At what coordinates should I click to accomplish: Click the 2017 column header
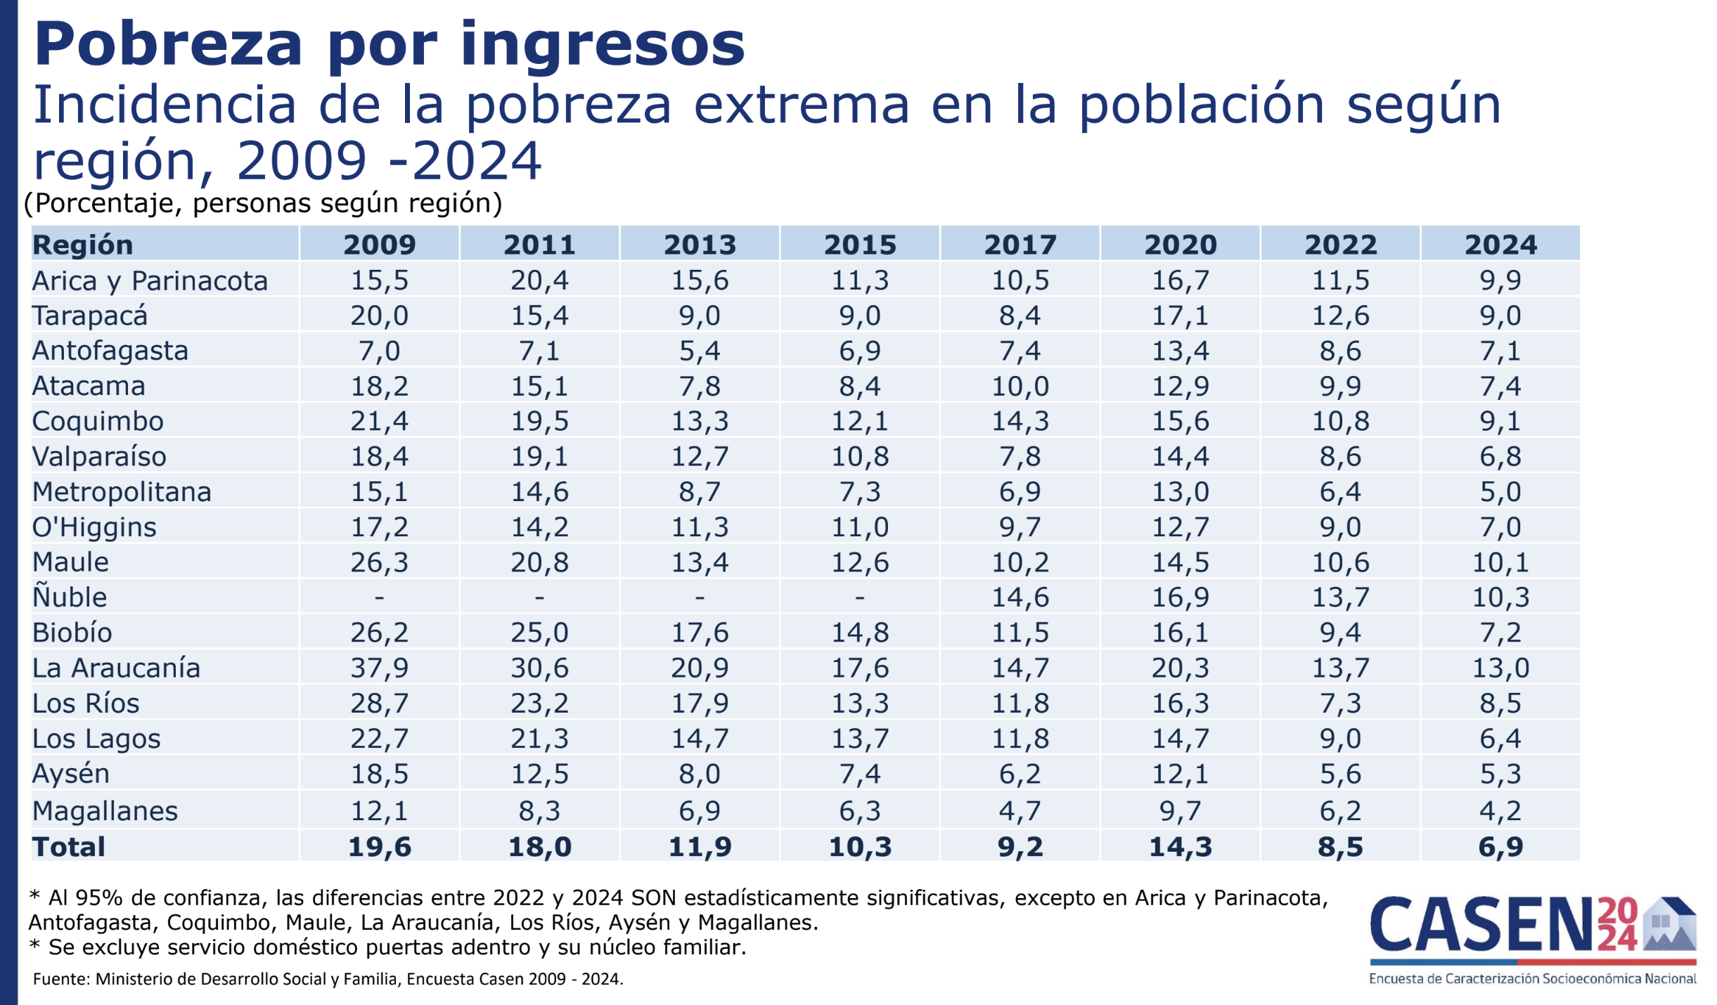click(1020, 245)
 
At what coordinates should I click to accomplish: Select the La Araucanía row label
click(117, 668)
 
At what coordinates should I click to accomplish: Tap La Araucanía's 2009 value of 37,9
click(379, 668)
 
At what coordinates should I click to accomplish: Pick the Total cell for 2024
click(1500, 847)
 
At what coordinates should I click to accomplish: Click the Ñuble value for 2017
click(1020, 597)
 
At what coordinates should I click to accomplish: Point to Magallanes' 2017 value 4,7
click(1020, 811)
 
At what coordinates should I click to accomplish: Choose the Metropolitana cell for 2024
click(1500, 492)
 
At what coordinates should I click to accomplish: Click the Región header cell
click(83, 245)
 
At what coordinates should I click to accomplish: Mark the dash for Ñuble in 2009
click(379, 597)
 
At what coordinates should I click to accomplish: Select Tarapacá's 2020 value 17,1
click(1180, 316)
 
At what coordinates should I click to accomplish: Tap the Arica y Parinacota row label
click(150, 281)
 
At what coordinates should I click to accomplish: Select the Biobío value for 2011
click(539, 633)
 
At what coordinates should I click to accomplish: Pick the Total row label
click(69, 847)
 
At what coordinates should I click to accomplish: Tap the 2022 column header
click(1340, 245)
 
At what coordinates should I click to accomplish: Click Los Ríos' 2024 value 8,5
click(1500, 703)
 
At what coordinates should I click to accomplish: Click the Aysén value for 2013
click(700, 774)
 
